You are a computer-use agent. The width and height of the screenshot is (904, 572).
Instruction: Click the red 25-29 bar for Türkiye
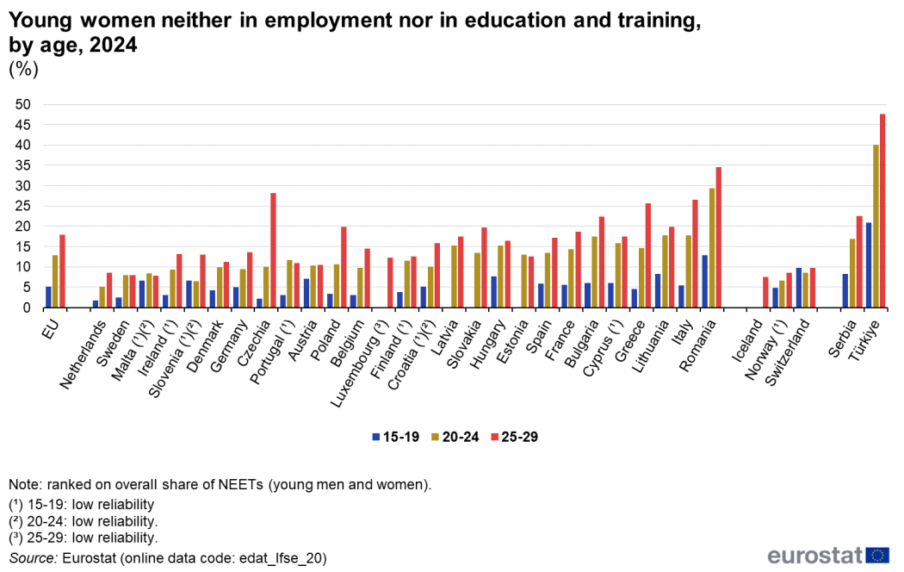tap(882, 211)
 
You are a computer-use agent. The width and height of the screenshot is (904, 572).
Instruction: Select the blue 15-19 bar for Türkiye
tap(869, 265)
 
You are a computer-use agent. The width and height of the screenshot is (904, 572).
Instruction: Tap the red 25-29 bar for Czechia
tap(274, 250)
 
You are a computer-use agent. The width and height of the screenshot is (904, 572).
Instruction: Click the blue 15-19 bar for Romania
tap(705, 281)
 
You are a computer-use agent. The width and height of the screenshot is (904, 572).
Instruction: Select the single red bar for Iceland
tap(765, 292)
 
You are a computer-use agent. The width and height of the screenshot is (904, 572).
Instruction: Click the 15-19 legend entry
tap(395, 437)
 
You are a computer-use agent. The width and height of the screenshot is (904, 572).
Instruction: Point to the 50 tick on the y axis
tap(23, 105)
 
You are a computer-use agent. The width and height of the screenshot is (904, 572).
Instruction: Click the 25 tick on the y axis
tap(23, 186)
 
